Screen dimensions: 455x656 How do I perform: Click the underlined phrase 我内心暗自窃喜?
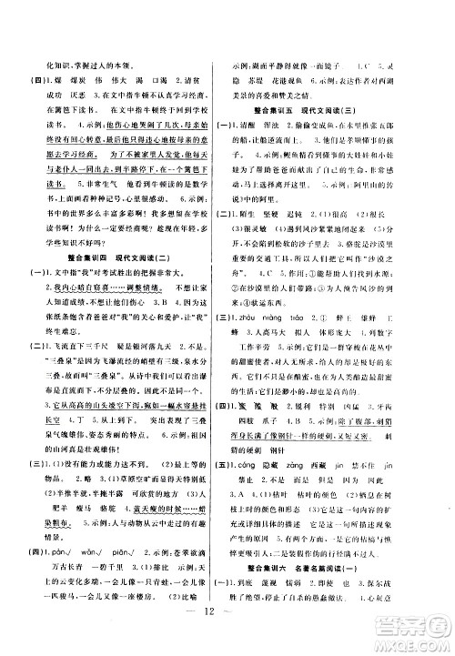[71, 297]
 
